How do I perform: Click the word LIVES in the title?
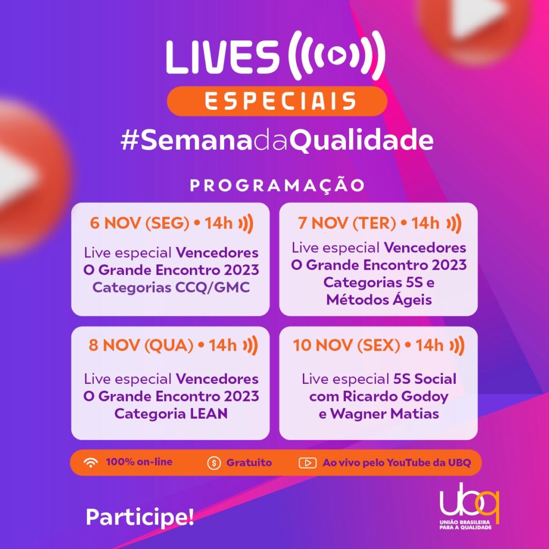[222, 57]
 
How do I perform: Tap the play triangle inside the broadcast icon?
[337, 55]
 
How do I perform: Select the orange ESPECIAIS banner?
[277, 101]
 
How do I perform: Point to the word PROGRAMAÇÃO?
[277, 185]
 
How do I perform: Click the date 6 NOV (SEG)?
[139, 223]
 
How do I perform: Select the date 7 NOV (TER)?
[347, 223]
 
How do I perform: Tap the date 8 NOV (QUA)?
[141, 345]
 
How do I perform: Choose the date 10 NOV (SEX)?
[346, 345]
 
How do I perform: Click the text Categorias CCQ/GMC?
[171, 287]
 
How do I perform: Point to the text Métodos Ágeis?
[379, 299]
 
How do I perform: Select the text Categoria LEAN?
[171, 413]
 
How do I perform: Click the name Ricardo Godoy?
[395, 396]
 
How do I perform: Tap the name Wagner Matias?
[384, 413]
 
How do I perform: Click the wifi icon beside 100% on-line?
[91, 463]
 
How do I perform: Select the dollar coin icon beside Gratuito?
[214, 463]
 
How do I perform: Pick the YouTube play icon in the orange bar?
[307, 463]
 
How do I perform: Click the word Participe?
[140, 517]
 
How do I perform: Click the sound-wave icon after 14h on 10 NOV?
[457, 346]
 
